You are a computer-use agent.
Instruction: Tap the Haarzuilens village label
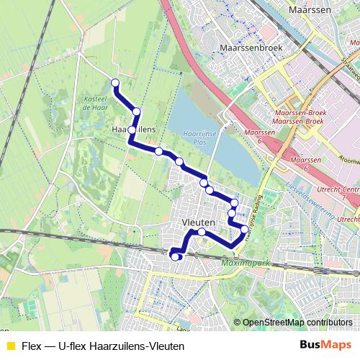135,130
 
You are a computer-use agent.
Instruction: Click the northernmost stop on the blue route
114,83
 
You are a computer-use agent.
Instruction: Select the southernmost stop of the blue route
175,257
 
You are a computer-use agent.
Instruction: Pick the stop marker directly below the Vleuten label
202,233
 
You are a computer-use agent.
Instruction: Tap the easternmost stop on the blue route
245,230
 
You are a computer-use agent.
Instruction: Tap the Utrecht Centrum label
342,189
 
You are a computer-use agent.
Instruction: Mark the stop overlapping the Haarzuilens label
132,130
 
